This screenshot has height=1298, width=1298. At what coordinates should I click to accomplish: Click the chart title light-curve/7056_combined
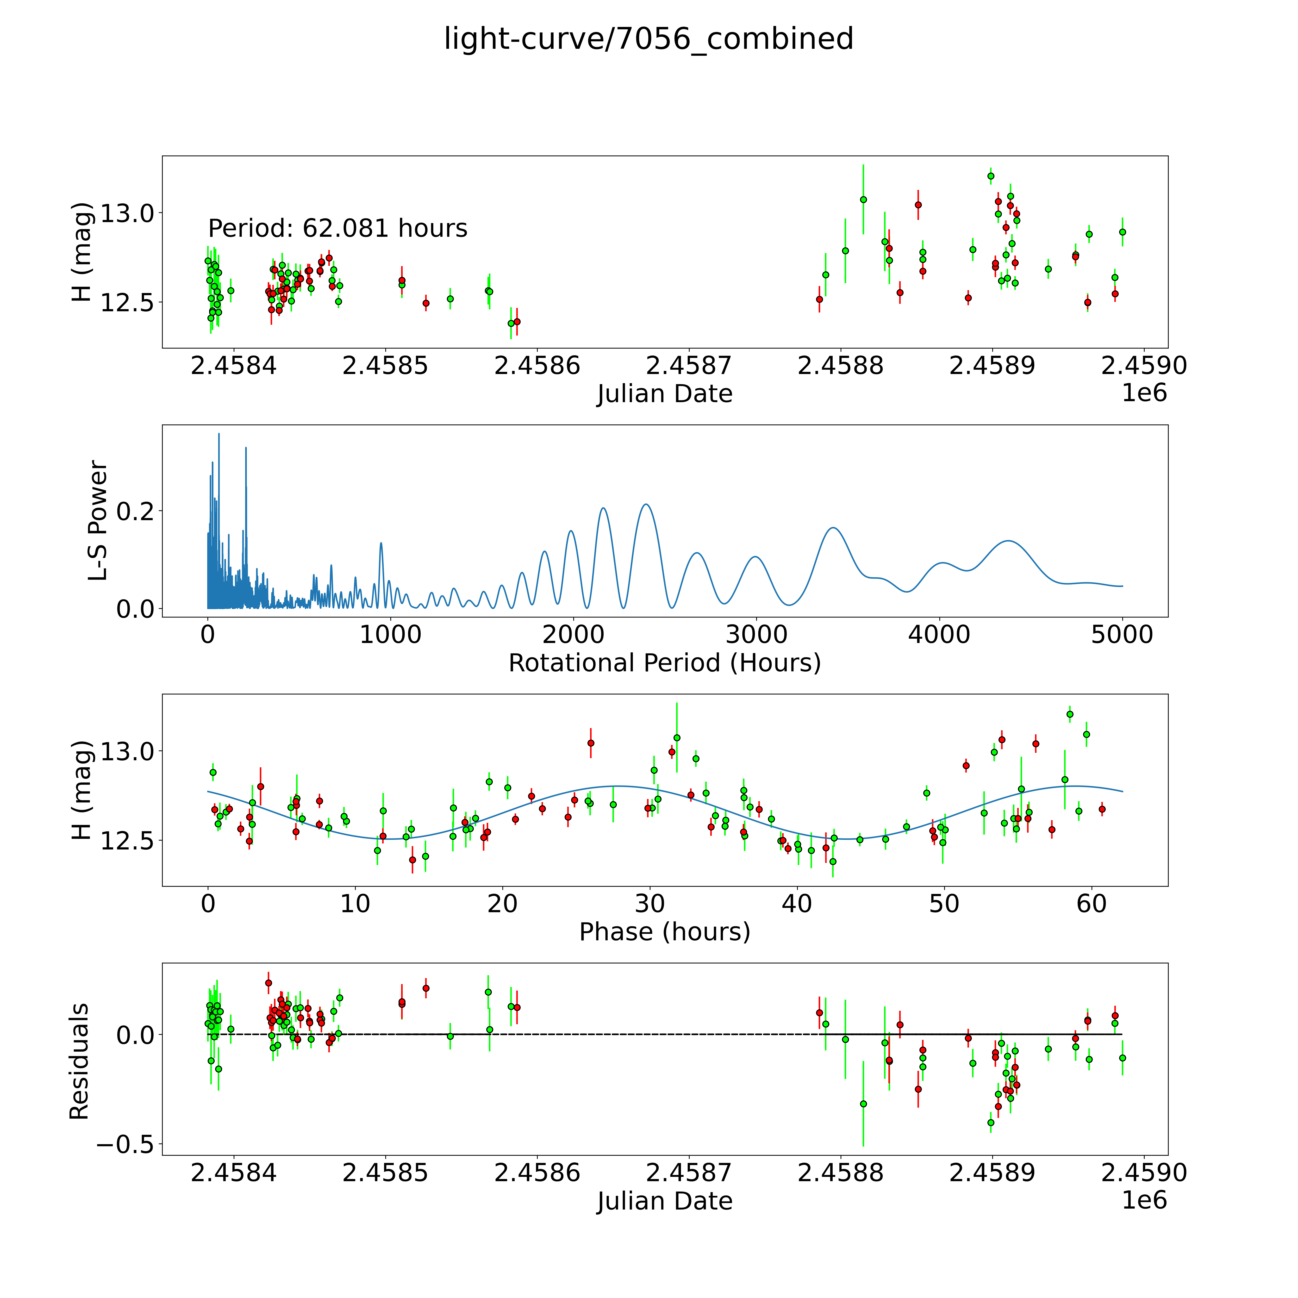tap(648, 39)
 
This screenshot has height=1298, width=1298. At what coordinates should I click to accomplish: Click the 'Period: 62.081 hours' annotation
tap(337, 228)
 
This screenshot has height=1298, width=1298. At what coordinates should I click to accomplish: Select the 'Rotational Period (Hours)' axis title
tap(664, 663)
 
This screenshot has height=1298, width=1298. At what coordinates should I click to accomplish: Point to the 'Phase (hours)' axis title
tap(664, 932)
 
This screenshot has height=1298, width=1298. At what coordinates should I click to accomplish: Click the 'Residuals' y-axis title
tap(79, 1061)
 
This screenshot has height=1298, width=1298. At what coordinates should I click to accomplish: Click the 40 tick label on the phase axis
tap(797, 904)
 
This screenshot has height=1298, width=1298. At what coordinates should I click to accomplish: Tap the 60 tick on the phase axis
tap(1091, 904)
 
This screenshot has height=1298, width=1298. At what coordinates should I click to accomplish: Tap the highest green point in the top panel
tap(990, 176)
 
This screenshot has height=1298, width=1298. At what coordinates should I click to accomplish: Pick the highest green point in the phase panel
tap(1070, 714)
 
